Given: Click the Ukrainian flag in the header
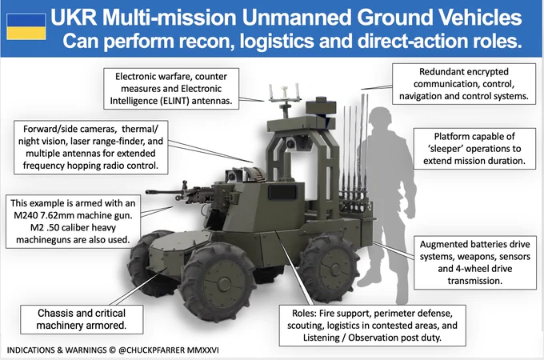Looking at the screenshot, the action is click(x=26, y=26).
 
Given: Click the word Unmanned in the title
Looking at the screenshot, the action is click(x=296, y=18).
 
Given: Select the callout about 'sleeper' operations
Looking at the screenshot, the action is click(x=474, y=149).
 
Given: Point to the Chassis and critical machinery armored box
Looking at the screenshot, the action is click(x=82, y=319).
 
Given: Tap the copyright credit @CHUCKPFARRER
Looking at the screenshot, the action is click(x=152, y=350).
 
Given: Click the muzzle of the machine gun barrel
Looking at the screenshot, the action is click(x=147, y=191).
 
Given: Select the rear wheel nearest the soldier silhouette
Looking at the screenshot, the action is click(x=329, y=268).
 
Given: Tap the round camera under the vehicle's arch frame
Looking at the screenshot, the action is click(x=291, y=143).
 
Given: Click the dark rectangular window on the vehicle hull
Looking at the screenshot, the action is click(x=283, y=192).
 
